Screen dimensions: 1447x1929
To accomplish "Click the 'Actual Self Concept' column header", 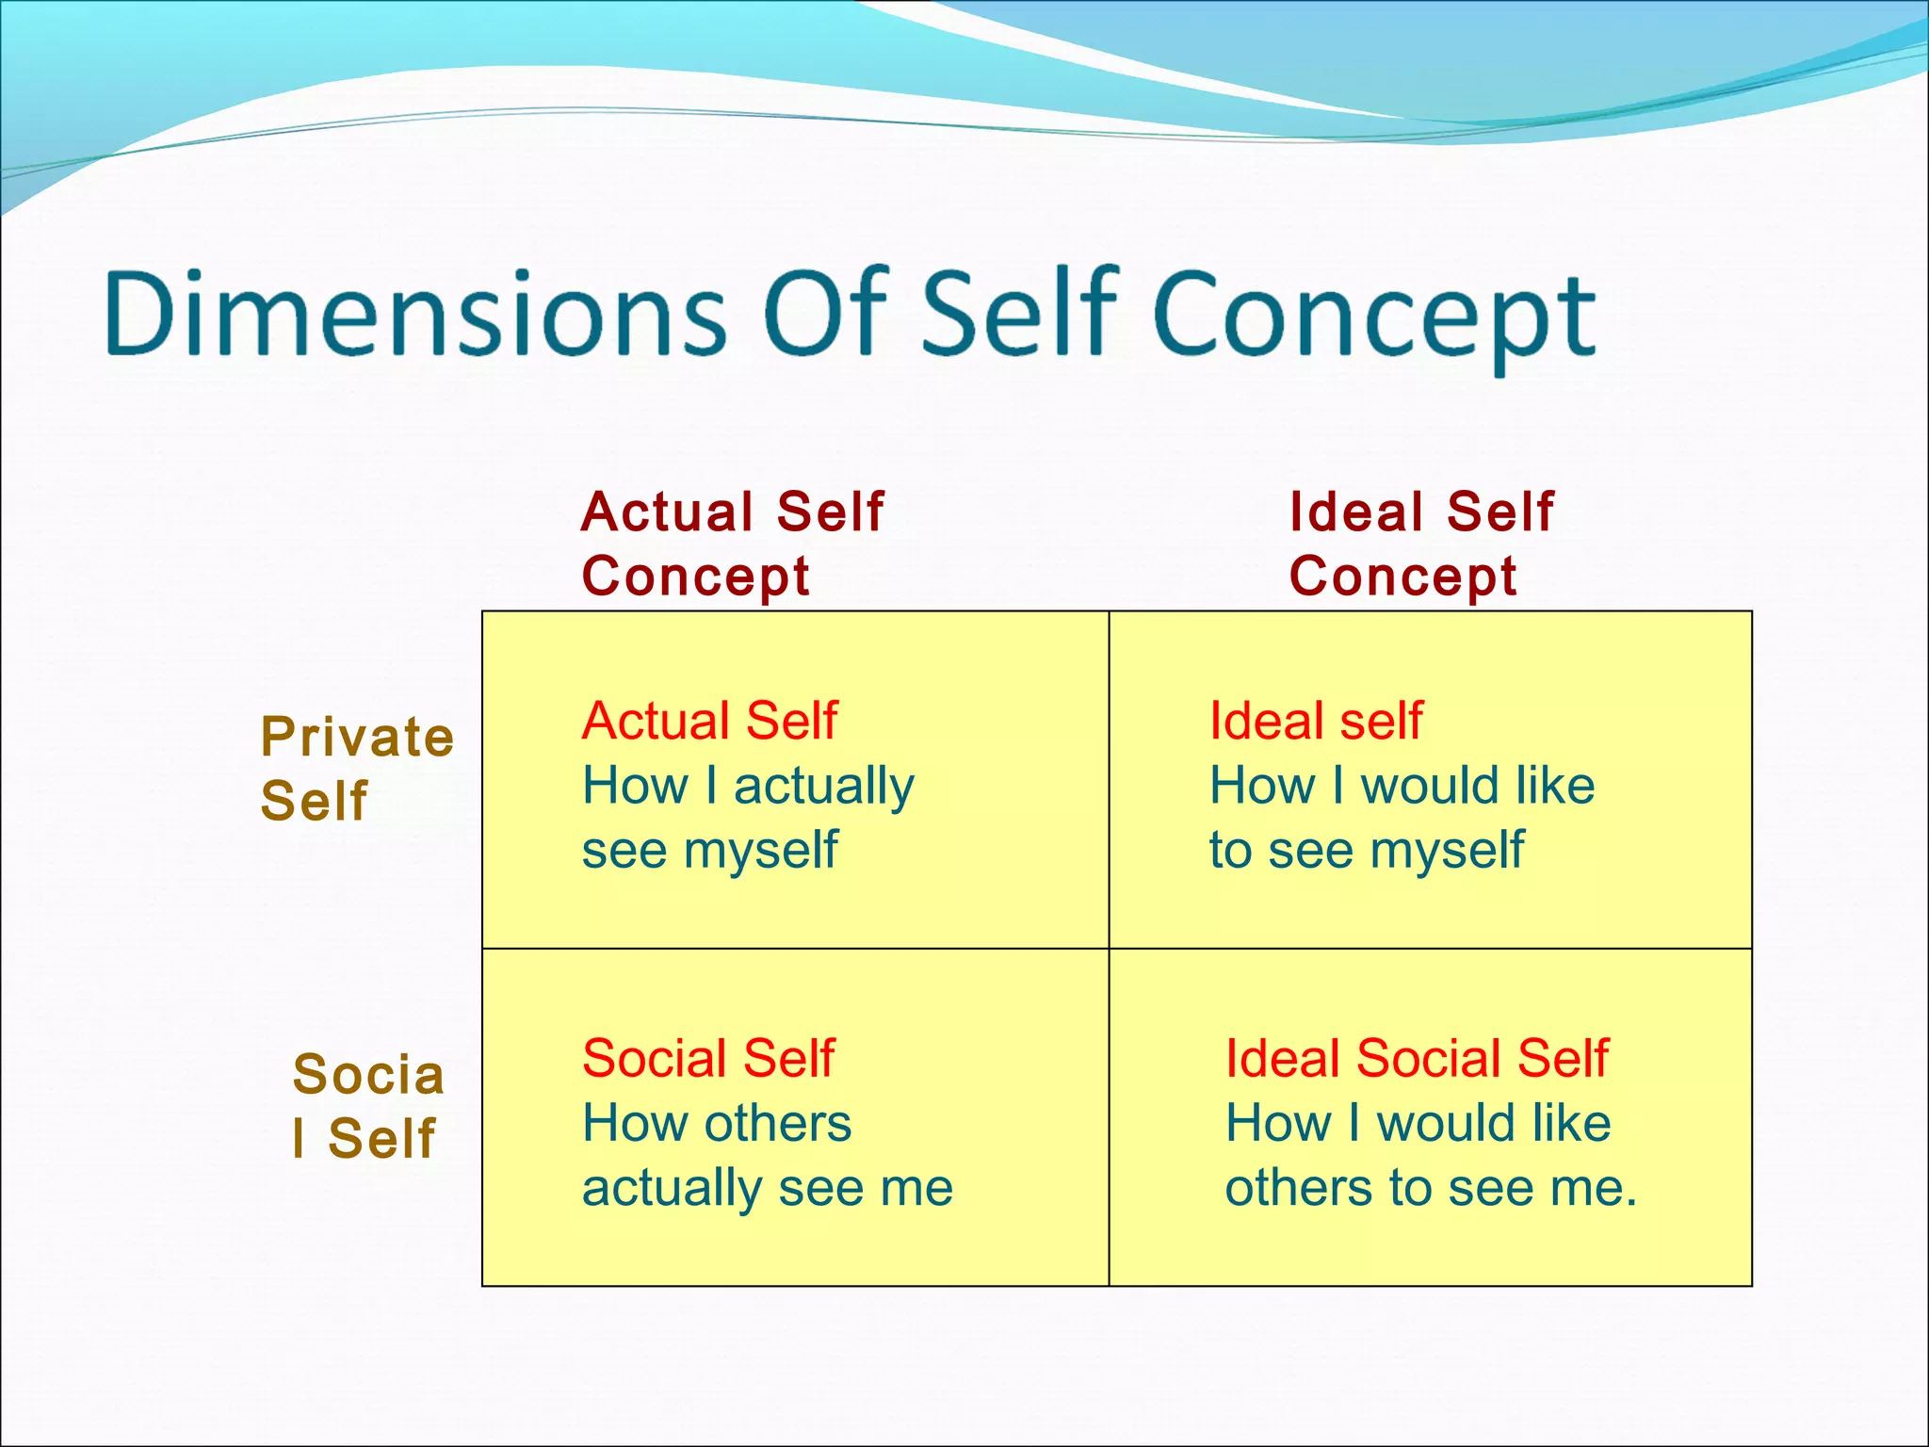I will (x=732, y=544).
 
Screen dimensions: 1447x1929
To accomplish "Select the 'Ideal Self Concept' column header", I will (x=1420, y=544).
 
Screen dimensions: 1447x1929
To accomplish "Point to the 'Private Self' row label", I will (x=356, y=768).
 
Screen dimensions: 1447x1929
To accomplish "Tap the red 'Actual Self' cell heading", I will (x=709, y=721).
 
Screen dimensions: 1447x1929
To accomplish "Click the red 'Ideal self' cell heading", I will (x=1315, y=721).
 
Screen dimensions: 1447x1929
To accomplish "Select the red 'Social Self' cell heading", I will (x=708, y=1058).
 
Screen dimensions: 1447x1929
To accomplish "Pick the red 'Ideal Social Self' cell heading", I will (x=1417, y=1058).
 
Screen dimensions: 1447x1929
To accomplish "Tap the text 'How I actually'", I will (x=748, y=786).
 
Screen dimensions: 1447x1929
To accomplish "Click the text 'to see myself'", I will (x=1366, y=851).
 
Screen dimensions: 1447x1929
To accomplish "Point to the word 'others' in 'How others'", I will (x=778, y=1123).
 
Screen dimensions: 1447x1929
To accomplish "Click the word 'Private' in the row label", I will (x=357, y=737).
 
